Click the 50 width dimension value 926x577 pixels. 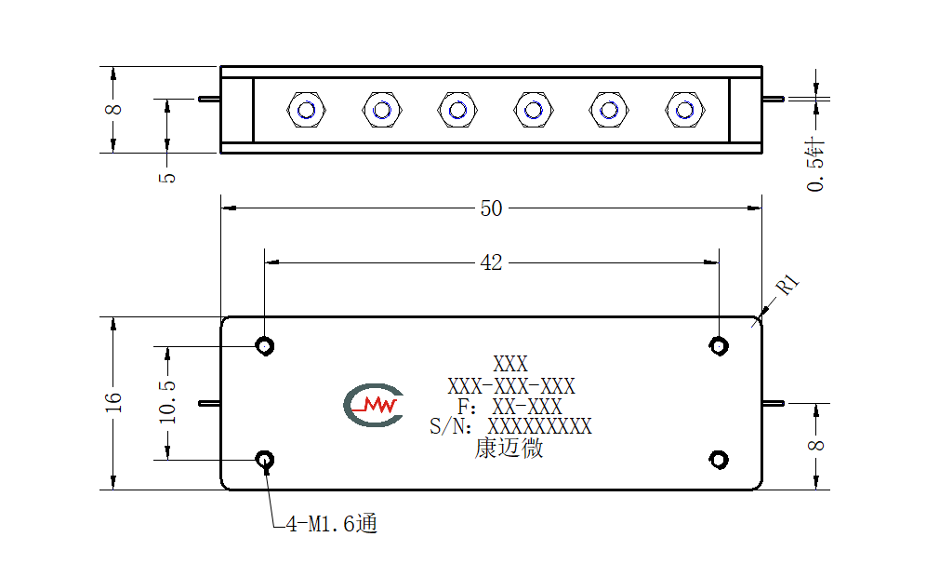pos(491,208)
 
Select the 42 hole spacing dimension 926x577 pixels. pos(491,262)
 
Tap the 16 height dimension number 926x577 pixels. pos(112,402)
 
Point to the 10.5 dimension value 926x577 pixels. pos(167,402)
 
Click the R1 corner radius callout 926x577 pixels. pos(787,285)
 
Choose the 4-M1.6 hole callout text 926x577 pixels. pos(331,523)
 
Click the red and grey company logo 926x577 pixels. pos(373,405)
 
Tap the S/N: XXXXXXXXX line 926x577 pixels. pos(510,426)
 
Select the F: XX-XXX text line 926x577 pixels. pos(509,407)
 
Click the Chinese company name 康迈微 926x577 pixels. pos(509,449)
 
